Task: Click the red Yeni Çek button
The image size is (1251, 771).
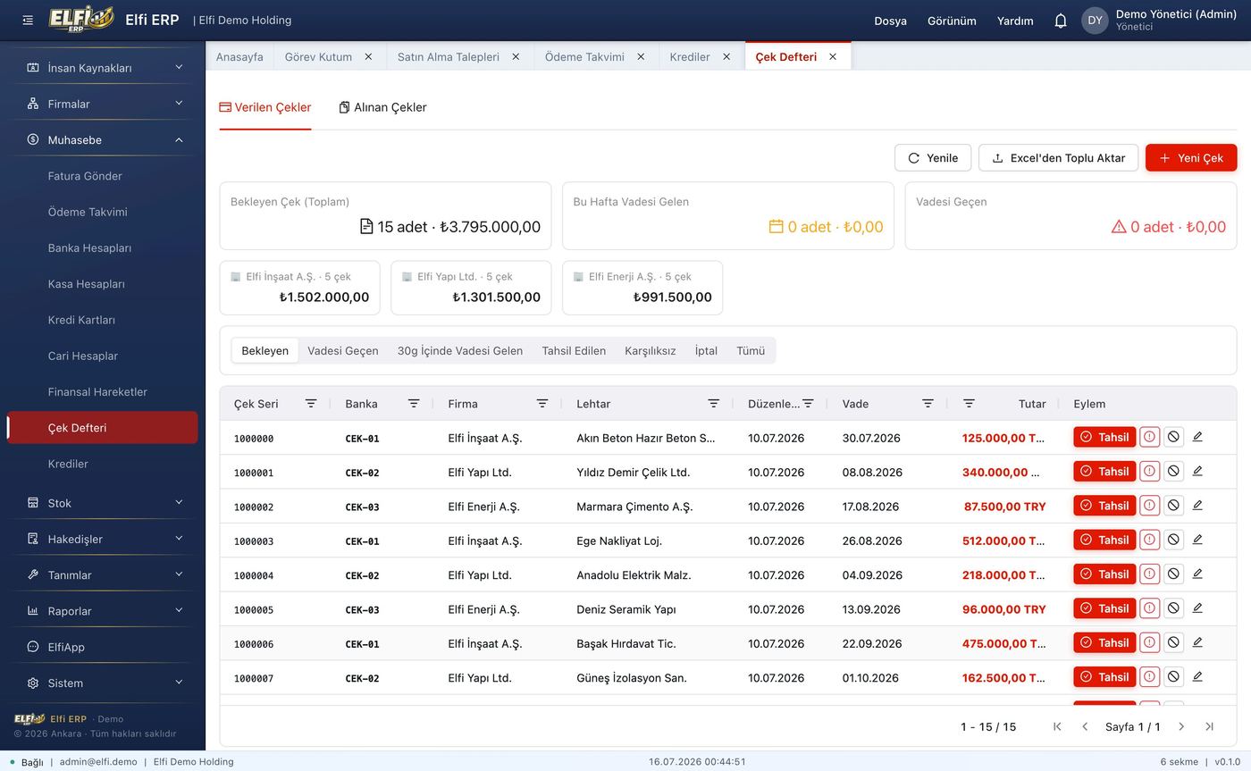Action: coord(1190,158)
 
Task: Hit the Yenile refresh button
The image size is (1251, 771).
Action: coord(933,158)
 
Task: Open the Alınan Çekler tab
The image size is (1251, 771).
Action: coord(382,107)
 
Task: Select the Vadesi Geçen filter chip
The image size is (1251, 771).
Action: coord(343,350)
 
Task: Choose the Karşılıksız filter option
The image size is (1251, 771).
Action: coord(651,350)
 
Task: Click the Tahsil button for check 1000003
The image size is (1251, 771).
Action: coord(1104,540)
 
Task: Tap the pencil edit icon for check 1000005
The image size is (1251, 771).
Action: coord(1197,608)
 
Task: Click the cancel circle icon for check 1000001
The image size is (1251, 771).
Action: coord(1173,471)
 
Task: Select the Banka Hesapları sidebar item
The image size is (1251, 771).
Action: coord(89,247)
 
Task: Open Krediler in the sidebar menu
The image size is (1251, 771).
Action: coord(68,464)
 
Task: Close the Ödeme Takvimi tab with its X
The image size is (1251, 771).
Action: coord(642,56)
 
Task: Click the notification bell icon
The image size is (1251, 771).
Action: coord(1060,21)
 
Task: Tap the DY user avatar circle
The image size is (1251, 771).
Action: coord(1095,21)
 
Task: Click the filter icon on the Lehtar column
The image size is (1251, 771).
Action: coord(713,403)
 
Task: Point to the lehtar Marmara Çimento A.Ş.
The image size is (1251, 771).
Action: coord(634,507)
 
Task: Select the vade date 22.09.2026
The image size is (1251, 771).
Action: coord(872,643)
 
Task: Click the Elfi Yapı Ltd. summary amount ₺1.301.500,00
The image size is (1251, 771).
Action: coord(496,297)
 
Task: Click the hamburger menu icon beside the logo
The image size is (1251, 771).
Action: coord(28,21)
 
